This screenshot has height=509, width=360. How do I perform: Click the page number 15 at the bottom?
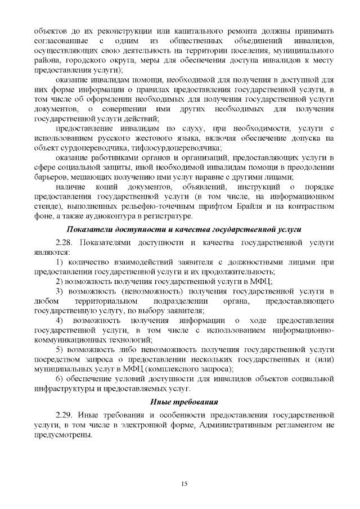[183, 483]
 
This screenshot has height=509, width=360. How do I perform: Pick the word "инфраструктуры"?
[62, 389]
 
